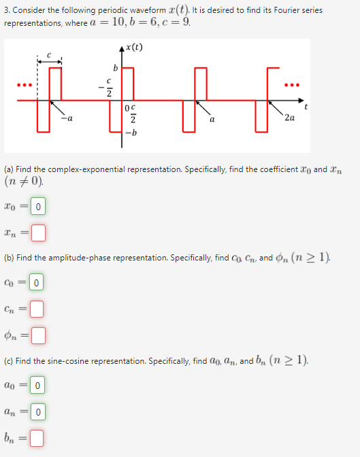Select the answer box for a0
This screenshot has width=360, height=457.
coord(38,386)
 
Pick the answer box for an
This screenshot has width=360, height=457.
coord(38,411)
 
